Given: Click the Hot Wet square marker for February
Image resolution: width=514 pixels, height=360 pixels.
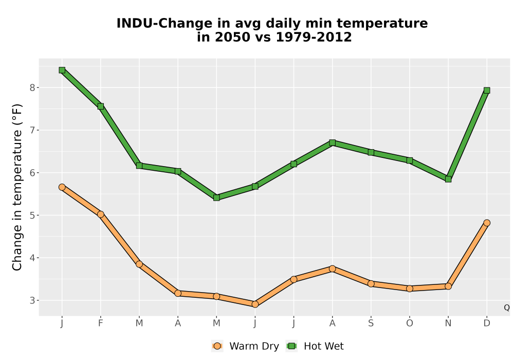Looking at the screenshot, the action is [x=101, y=106].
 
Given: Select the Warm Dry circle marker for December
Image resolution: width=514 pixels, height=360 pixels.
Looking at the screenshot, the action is [x=487, y=223].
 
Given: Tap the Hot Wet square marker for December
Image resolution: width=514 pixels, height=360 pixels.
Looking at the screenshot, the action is [x=487, y=90].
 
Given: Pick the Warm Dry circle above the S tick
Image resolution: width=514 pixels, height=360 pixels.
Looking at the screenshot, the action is [x=371, y=283].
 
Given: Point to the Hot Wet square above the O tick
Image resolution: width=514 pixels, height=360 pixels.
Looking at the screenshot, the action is [x=410, y=160].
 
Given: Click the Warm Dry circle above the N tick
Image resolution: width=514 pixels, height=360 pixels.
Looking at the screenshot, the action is [x=448, y=286].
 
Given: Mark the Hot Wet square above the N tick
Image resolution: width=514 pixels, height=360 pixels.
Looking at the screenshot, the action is [x=448, y=179].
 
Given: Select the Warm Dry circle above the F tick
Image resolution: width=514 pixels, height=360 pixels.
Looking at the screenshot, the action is [x=101, y=214].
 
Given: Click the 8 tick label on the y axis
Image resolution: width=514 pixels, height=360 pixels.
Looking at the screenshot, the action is [x=32, y=87].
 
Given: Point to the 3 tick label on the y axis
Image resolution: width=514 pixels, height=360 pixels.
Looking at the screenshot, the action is [x=32, y=300].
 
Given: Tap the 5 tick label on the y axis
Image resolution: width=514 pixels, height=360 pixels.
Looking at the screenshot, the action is [x=32, y=215].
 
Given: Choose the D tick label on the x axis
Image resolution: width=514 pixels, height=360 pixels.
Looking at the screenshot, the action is [x=487, y=323].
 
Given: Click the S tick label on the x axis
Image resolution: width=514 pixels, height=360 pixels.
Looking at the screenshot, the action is [x=371, y=323].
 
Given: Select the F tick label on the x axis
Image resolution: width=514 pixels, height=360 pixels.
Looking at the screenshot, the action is [x=101, y=323].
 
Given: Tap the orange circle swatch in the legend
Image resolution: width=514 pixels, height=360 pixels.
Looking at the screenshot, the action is [x=217, y=346].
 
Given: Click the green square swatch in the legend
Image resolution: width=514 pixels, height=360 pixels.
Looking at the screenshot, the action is [x=291, y=346].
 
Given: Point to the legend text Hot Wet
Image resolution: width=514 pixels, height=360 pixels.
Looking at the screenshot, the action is [x=324, y=346].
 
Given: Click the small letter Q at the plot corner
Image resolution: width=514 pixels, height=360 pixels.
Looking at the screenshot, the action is [x=507, y=308].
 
